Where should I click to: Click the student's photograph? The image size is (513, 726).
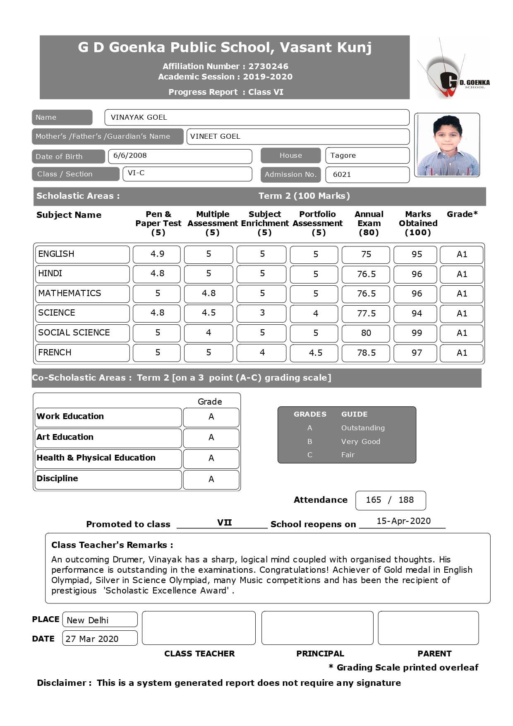(x=447, y=145)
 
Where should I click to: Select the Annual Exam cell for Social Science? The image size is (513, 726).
(x=366, y=333)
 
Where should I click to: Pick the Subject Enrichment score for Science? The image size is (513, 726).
(x=261, y=313)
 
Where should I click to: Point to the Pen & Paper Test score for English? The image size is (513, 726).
(x=157, y=254)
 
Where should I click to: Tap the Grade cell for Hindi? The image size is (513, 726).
(x=461, y=274)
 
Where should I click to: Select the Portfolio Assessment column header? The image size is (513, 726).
(x=317, y=223)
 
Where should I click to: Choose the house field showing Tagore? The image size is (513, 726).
(x=367, y=155)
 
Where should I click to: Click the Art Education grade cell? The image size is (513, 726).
(x=211, y=438)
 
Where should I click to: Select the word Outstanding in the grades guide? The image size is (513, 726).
(x=363, y=428)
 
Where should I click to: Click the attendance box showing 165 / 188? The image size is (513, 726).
(x=390, y=500)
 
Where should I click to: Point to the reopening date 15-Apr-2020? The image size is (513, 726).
(x=403, y=521)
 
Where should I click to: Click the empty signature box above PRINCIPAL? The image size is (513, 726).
(x=317, y=628)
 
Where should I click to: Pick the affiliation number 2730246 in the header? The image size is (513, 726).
(x=268, y=66)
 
